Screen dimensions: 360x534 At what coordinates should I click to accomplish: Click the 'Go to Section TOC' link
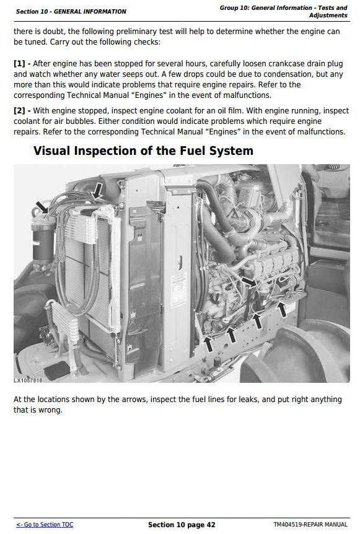45,525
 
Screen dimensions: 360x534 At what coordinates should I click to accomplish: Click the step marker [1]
19,64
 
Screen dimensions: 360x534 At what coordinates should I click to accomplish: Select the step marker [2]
19,111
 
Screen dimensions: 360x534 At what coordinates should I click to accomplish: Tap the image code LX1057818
28,380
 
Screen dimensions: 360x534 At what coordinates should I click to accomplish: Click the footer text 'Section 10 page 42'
182,525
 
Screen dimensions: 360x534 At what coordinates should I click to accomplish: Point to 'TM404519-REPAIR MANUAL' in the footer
310,525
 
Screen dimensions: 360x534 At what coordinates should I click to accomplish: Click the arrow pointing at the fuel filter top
43,207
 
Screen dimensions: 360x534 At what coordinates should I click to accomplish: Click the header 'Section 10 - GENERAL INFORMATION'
71,12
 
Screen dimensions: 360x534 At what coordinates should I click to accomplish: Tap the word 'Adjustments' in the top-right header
328,15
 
